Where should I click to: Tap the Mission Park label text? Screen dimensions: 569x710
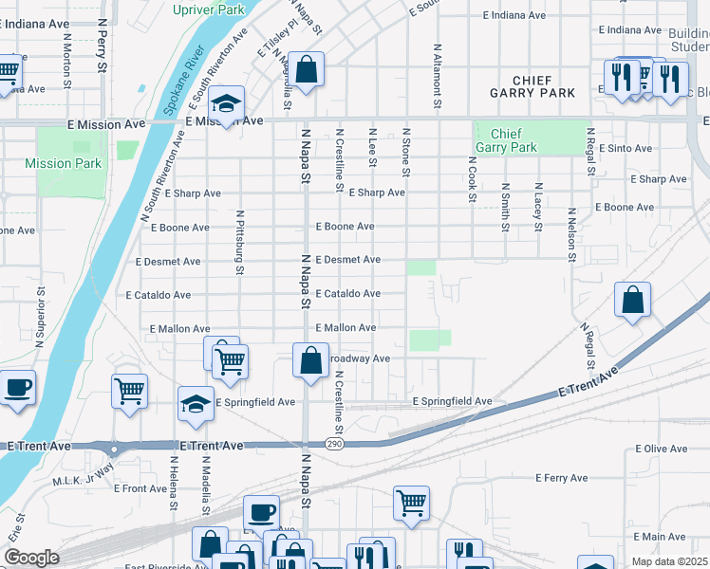tap(63, 163)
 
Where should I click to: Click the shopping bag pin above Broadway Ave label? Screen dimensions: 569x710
tap(310, 361)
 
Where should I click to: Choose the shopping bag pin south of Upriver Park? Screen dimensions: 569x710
tap(307, 70)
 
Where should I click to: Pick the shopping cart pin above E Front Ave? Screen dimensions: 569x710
tap(129, 390)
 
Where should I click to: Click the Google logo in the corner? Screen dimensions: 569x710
tap(31, 558)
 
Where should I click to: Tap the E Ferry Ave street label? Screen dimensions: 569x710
tap(561, 478)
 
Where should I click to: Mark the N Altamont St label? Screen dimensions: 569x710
tap(437, 69)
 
